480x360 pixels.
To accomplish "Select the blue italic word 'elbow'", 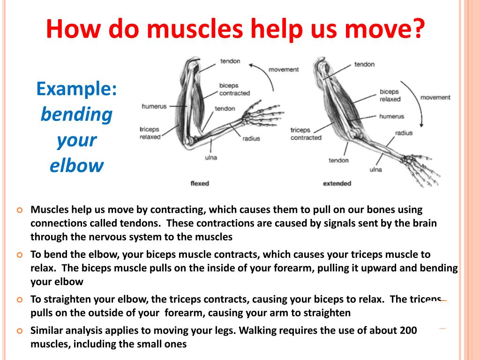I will coord(76,165).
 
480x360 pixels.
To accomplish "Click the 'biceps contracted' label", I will coord(234,90).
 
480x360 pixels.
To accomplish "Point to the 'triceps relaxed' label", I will coord(150,133).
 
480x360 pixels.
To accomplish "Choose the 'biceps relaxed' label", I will coord(390,96).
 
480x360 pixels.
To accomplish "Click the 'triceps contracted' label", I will coord(306,134).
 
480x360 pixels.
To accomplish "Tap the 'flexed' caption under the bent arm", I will coord(200,183).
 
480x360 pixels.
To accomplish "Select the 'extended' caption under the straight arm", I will coord(337,183).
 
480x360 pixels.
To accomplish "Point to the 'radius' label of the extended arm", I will coord(404,133).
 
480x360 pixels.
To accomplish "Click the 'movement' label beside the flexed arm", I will coord(283,69).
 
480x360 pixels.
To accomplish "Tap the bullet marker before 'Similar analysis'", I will coord(20,330).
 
